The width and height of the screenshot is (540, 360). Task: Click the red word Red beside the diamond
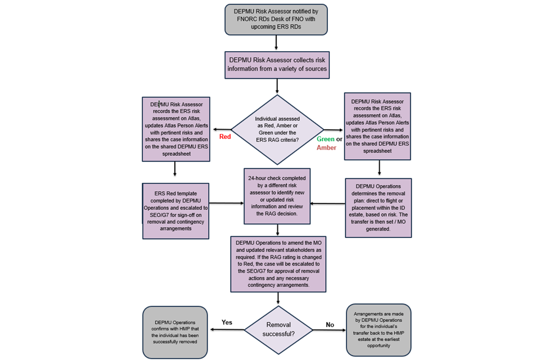click(225, 137)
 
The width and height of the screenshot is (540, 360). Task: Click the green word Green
click(326, 139)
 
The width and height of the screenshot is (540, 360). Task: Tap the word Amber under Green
click(326, 147)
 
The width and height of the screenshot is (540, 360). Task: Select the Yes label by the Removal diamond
click(227, 322)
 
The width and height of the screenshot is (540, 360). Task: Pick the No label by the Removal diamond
click(330, 325)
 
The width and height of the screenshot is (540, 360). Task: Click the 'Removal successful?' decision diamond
click(278, 330)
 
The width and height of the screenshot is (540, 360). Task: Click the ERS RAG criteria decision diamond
click(277, 129)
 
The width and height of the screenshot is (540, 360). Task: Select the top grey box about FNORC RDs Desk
click(276, 20)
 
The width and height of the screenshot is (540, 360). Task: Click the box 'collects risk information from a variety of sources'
click(277, 65)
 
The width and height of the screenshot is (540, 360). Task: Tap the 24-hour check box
click(277, 196)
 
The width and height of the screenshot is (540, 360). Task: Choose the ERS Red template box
click(175, 211)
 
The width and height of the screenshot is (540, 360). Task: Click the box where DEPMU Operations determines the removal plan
click(378, 208)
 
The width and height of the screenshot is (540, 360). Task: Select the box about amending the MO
click(278, 264)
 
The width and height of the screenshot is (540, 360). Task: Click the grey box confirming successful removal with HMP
click(175, 332)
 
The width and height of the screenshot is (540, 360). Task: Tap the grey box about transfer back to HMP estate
click(379, 330)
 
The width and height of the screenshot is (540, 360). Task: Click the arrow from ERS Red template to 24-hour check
click(226, 203)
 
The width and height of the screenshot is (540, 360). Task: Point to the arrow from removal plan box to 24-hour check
click(328, 204)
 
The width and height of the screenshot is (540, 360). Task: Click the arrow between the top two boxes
click(276, 42)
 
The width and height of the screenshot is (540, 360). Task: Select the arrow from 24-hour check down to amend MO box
click(277, 229)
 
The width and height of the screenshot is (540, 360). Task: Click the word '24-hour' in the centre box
click(258, 178)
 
